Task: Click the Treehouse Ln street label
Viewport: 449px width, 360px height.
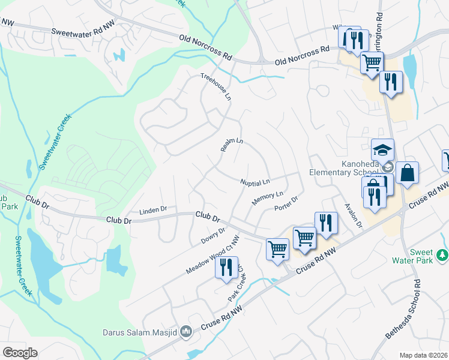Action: [x=215, y=86]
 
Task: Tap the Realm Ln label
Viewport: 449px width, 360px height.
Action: [x=231, y=146]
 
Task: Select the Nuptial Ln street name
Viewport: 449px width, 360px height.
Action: [x=255, y=181]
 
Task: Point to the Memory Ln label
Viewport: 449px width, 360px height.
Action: [x=267, y=199]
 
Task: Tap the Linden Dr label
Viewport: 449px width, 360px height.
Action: [x=152, y=210]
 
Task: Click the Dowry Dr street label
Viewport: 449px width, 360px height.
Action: [x=213, y=236]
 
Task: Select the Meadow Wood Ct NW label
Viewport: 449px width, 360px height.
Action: [x=212, y=256]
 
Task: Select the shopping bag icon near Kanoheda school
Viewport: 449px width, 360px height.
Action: [x=407, y=173]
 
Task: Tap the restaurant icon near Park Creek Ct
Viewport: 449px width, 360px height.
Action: [x=226, y=266]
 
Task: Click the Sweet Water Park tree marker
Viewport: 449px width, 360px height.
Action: [x=443, y=256]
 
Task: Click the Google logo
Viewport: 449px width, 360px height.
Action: [x=20, y=353]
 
